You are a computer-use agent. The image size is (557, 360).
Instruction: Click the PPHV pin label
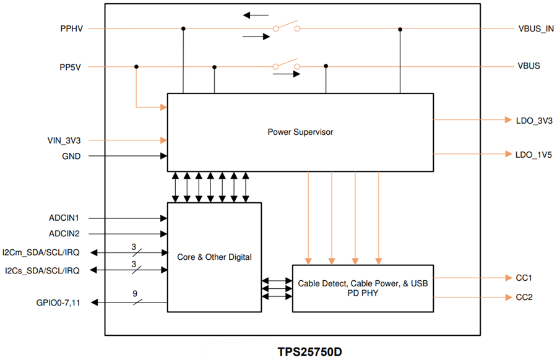(72, 29)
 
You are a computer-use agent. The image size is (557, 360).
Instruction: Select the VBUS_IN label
(535, 29)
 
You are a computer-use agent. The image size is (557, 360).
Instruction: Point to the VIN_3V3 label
(64, 140)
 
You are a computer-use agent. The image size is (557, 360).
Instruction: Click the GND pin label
(72, 156)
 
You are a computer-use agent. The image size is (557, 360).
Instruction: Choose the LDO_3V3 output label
(533, 120)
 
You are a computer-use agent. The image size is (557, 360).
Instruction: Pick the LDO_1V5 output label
(533, 153)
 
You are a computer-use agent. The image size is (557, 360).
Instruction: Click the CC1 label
(524, 278)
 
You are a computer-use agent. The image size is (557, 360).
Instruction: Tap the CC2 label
(524, 298)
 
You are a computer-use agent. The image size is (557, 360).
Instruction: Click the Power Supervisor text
(300, 132)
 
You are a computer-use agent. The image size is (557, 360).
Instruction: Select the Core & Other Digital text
(214, 257)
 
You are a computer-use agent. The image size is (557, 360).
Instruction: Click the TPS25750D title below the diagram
(309, 351)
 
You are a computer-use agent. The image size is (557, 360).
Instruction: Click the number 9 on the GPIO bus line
(134, 294)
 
